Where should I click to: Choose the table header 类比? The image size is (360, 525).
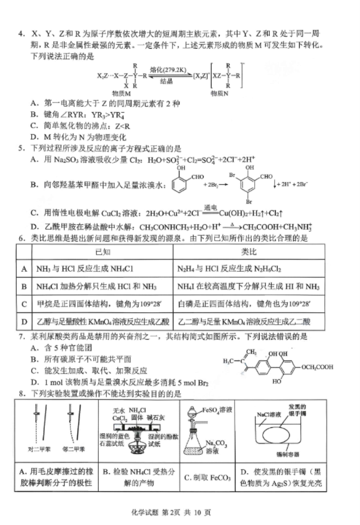click(249, 251)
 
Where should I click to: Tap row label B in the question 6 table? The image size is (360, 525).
click(24, 287)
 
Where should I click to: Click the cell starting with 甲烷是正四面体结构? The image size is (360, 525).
click(99, 304)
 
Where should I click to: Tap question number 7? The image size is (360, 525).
click(21, 338)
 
